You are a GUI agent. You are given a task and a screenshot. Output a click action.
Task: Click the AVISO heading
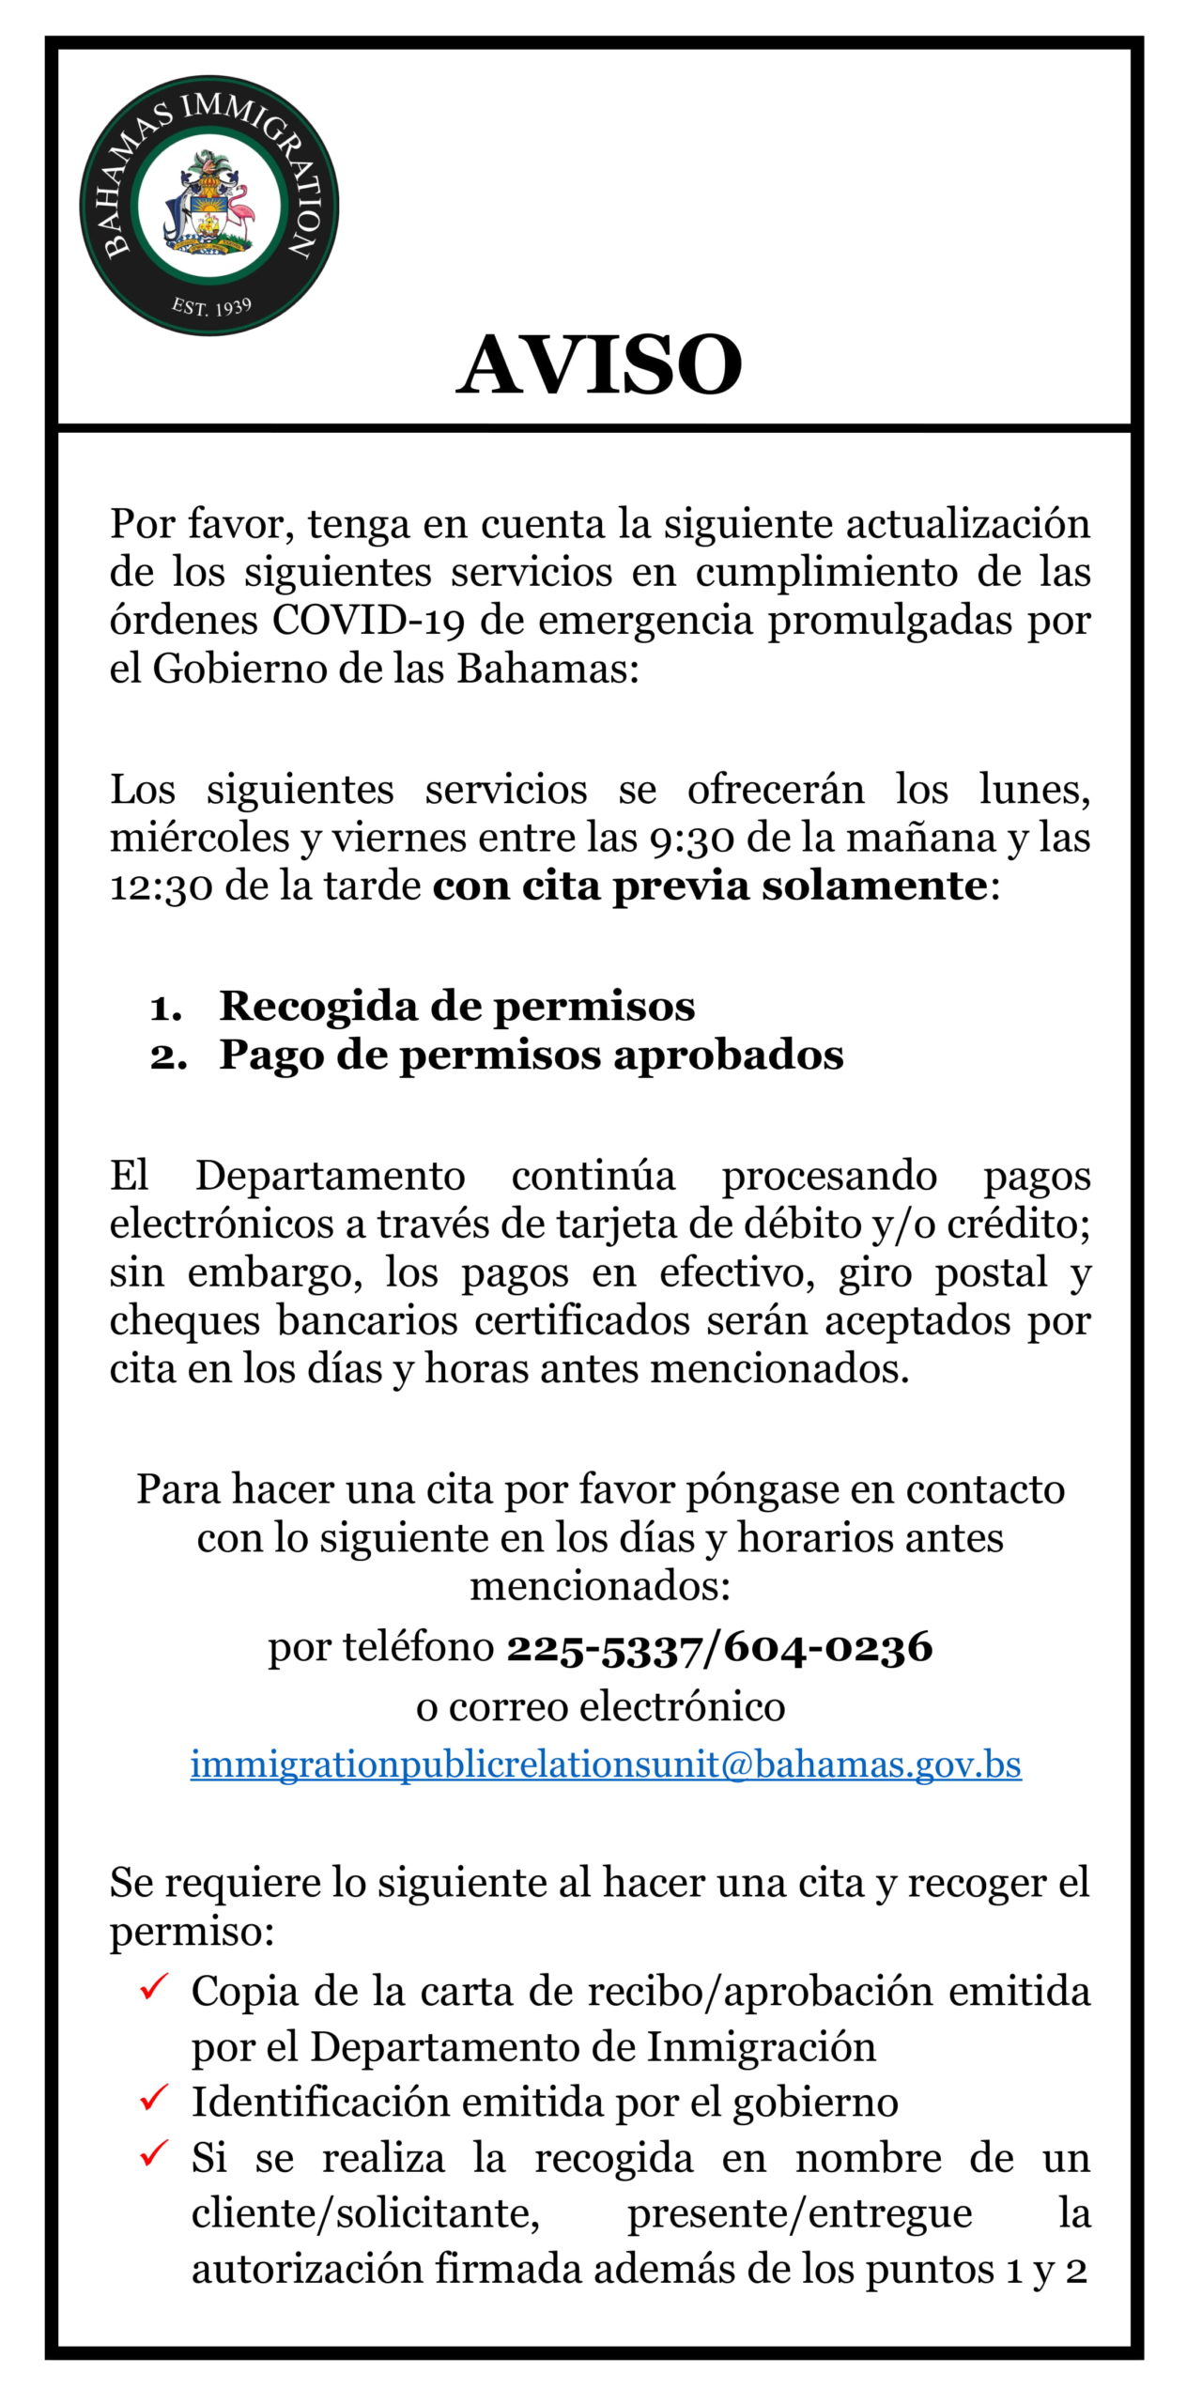pos(599,365)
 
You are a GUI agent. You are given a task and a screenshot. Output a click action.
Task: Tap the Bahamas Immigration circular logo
pos(208,206)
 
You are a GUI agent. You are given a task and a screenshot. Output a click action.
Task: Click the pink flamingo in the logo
pos(242,210)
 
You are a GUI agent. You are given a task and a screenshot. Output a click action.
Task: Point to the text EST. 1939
pos(211,306)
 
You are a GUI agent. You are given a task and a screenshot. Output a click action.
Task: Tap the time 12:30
pos(161,886)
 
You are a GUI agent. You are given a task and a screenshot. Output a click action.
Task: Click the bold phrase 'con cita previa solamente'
pos(709,886)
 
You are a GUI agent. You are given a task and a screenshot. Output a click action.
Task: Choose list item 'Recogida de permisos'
pos(457,1006)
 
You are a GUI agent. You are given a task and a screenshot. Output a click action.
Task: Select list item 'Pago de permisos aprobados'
pos(532,1055)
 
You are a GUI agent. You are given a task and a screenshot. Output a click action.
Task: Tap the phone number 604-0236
pos(828,1647)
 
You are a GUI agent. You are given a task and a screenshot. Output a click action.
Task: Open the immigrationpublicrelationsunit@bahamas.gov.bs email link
pos(606,1764)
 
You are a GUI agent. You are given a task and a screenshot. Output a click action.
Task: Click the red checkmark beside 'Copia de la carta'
pos(153,1987)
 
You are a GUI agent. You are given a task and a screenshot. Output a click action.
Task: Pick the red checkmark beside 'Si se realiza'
pos(153,2151)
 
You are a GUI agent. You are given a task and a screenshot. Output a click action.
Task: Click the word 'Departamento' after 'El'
pos(330,1176)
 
